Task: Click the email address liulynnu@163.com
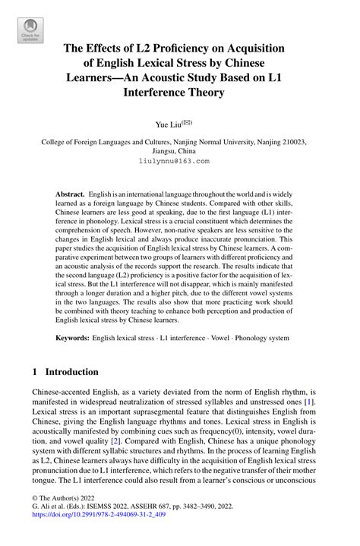click(x=179, y=161)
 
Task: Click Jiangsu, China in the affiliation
click(x=179, y=151)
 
